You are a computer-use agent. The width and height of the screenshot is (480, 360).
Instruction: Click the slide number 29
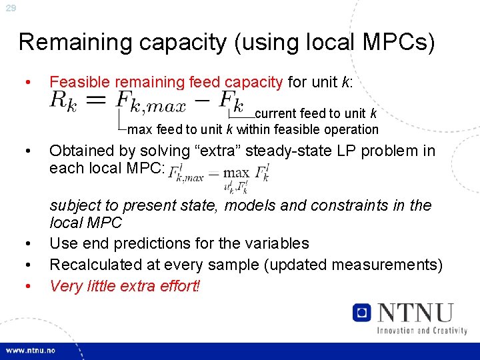coord(10,8)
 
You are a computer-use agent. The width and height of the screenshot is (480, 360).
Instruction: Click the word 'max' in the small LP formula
coord(236,172)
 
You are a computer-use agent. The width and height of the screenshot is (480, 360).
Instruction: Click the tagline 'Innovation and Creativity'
coord(421,331)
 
